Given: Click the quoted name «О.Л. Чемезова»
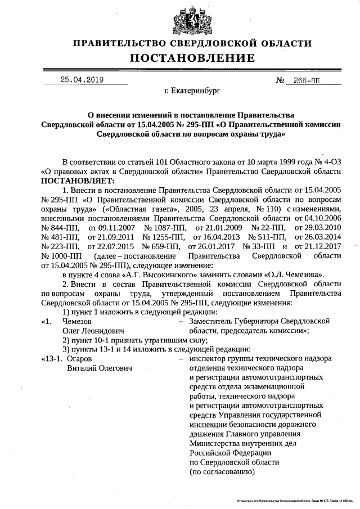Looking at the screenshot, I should (291, 275).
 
